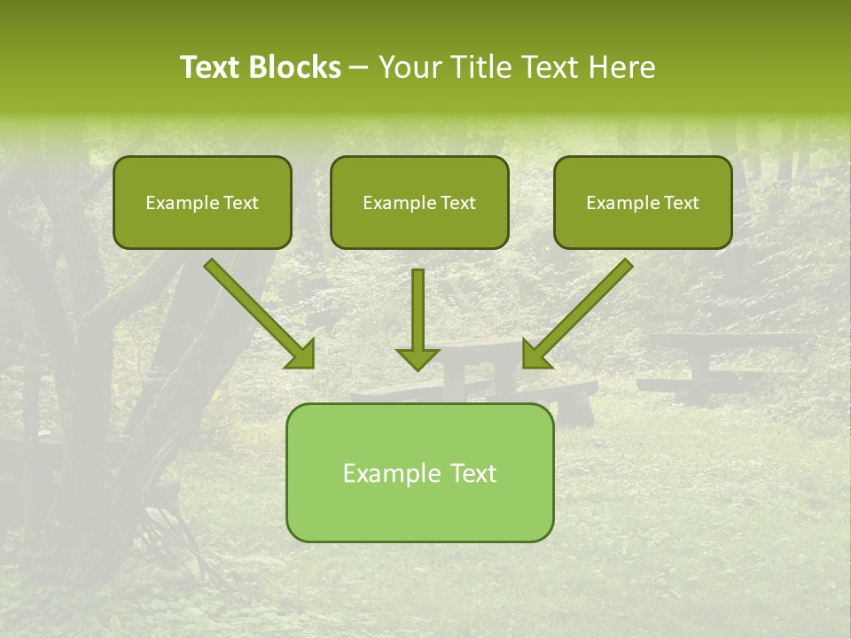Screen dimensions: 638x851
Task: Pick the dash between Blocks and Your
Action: coord(359,68)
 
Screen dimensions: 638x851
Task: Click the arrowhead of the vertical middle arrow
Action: coord(418,358)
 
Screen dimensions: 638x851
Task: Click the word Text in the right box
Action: coord(681,203)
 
